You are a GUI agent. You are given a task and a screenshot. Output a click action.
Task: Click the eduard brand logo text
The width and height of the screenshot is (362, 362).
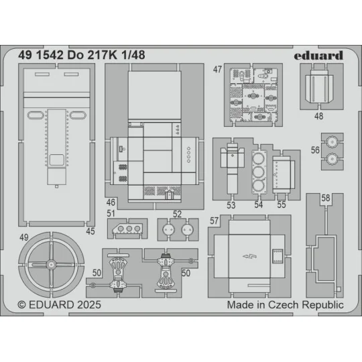pos(319,55)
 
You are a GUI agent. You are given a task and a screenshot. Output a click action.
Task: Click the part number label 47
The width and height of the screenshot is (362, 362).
pos(218,70)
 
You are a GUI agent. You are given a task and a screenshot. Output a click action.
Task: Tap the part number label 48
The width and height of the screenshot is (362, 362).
pos(318,116)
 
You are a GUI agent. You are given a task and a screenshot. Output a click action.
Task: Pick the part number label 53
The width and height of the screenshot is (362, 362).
pos(231,205)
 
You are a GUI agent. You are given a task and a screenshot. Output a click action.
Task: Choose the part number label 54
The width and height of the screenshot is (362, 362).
pos(259,205)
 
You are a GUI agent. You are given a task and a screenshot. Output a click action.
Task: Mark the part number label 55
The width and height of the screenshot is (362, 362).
pos(281,205)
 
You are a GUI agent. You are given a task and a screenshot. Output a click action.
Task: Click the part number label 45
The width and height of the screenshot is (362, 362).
pos(90,232)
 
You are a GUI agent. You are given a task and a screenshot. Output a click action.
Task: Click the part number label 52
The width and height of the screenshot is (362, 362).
pos(177,215)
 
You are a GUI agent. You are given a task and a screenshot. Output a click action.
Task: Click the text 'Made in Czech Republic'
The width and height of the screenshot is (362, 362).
pos(285,304)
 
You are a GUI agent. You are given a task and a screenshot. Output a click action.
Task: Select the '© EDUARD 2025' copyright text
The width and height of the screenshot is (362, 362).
pos(59,304)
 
